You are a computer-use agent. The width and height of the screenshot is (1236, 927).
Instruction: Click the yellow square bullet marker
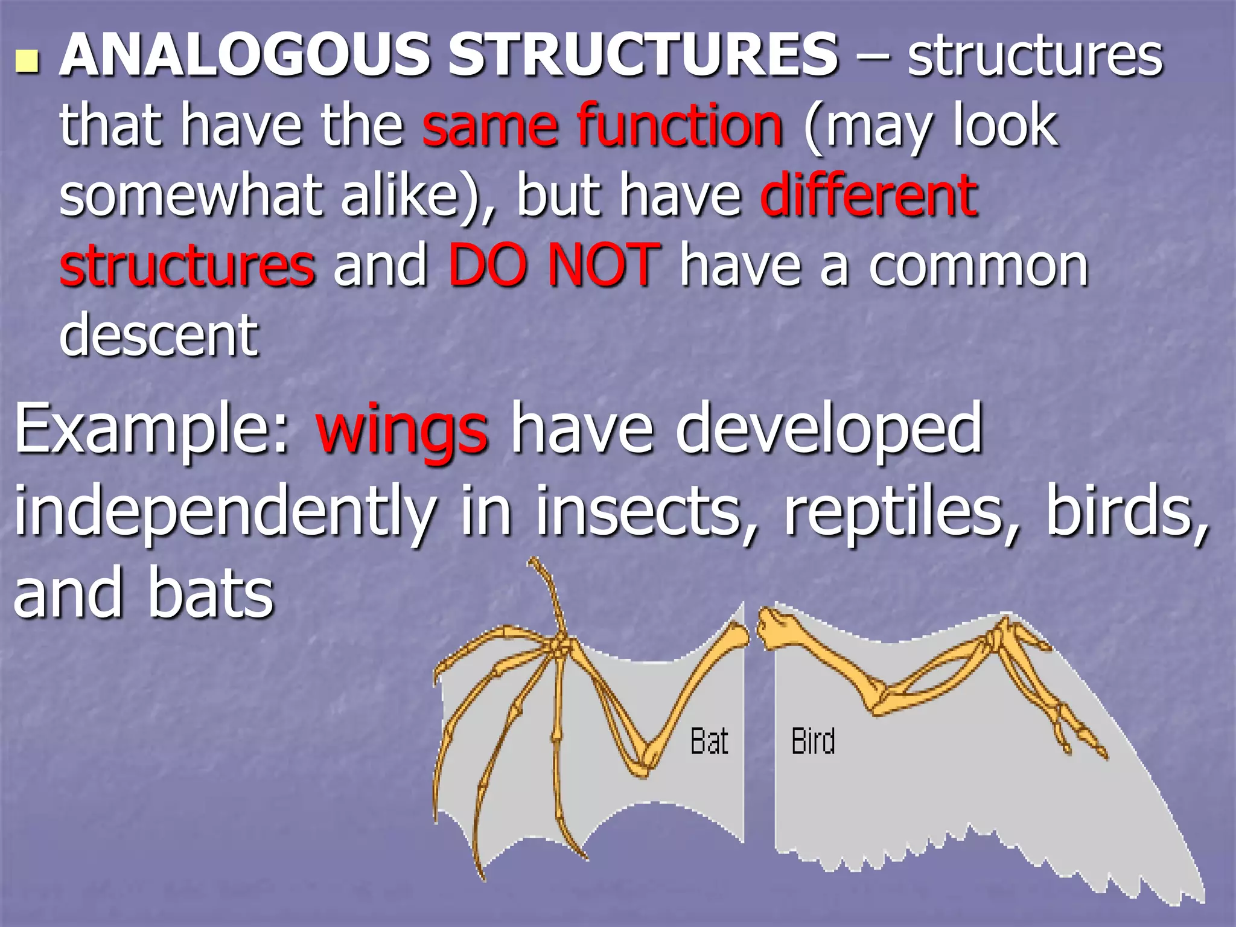27,62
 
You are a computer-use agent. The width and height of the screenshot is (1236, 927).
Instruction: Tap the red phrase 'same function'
602,126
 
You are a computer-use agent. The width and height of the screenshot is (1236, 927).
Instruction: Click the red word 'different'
869,196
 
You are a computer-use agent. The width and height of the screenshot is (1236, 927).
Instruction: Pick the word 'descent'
159,336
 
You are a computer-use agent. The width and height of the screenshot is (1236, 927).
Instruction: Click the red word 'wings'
401,430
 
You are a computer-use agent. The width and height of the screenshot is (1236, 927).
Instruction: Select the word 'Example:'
152,430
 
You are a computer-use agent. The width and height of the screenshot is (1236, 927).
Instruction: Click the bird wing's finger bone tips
1086,745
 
